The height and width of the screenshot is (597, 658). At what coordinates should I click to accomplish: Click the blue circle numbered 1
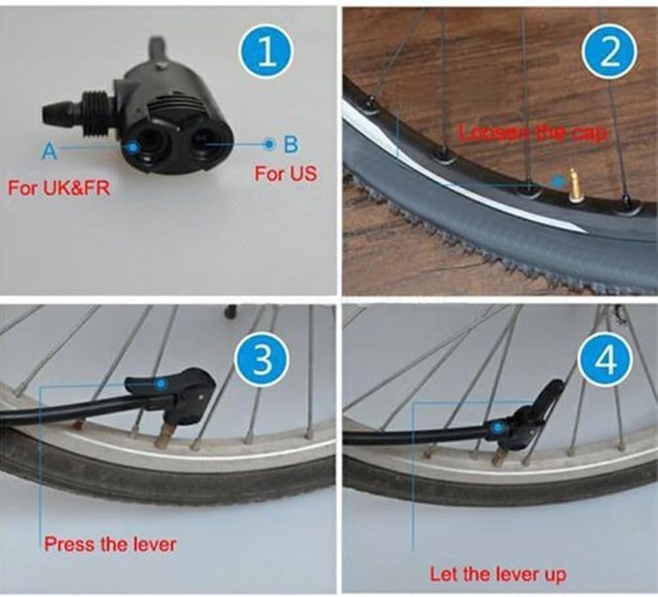267,53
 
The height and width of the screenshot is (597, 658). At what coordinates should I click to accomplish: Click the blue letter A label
49,151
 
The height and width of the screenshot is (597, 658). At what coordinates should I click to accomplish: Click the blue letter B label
291,145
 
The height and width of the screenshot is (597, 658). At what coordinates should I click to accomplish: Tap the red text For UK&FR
59,188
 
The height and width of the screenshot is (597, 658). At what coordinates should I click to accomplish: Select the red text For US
285,174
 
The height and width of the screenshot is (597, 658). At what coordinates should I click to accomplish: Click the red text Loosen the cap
532,133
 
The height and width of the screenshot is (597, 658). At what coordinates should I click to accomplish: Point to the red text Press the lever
110,544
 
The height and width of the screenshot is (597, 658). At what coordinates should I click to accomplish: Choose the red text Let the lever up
498,574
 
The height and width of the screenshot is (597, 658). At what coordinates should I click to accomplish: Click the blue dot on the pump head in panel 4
497,428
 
